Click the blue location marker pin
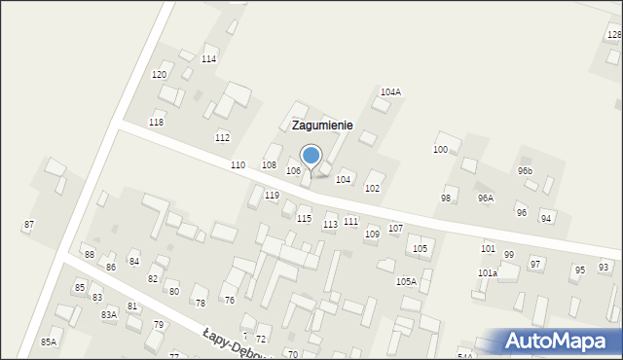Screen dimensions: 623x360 311,157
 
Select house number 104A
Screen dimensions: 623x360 390,91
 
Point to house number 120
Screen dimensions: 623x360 159,75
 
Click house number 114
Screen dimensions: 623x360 208,59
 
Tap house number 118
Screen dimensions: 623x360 156,123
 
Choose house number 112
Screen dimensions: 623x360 222,137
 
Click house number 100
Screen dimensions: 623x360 440,149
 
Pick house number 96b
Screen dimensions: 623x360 525,170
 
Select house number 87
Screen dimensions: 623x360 29,225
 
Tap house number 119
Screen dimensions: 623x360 273,196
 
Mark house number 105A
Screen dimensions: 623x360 406,281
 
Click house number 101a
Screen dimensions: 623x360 488,273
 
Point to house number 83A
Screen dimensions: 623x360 108,314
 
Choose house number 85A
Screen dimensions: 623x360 48,342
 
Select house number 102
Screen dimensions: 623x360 372,188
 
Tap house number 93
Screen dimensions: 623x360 604,266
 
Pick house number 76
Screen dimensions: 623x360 229,300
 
